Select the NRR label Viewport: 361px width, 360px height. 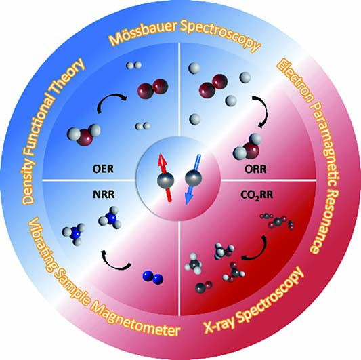[x=104, y=195]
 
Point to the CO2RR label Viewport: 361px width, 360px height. [x=257, y=195]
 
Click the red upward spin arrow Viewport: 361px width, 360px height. [x=165, y=178]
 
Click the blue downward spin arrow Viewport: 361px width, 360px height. [x=193, y=180]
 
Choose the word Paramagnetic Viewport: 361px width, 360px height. [x=328, y=148]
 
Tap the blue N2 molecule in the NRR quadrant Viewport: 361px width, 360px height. [x=153, y=277]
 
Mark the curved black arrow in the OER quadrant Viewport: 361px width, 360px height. [x=108, y=98]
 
